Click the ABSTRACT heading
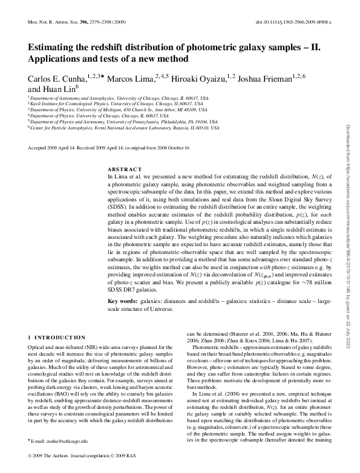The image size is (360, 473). [125, 169]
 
